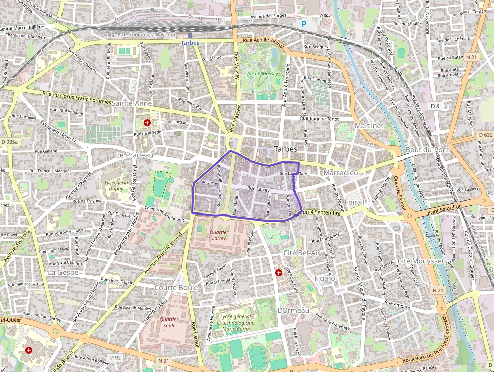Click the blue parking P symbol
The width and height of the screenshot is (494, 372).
pos(303,24)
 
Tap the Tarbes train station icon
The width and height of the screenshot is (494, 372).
pos(190,36)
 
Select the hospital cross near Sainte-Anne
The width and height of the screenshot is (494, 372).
pos(147,123)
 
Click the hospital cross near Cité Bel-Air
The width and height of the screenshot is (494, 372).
pos(279,273)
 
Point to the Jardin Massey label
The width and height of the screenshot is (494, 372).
pos(263,73)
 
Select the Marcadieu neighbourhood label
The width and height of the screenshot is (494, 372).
pos(341,173)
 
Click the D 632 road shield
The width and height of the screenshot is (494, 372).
pos(484,135)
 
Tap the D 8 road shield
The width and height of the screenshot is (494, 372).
pos(435,106)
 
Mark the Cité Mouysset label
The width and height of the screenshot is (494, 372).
pos(420,261)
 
